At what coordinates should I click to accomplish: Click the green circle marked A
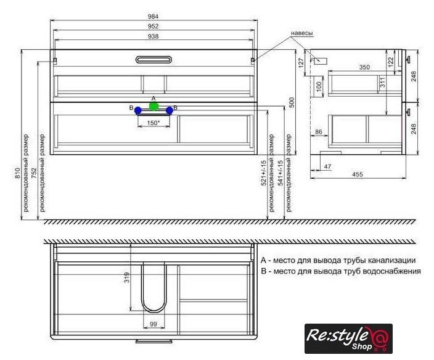154,106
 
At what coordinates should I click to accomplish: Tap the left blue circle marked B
138,111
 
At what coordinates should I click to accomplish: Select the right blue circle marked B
170,111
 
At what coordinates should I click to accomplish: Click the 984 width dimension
153,17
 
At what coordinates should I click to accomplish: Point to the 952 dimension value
153,27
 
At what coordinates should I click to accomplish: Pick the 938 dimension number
153,36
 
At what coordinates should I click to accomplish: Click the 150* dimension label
154,123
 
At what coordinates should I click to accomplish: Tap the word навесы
302,33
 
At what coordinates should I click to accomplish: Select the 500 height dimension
292,102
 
